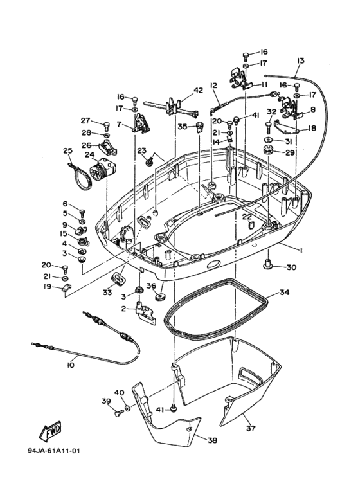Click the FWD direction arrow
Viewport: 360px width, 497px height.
(x=50, y=431)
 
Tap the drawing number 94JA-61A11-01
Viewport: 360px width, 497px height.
(x=54, y=451)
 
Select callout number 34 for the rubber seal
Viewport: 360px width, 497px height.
(x=284, y=293)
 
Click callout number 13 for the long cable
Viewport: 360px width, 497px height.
(x=300, y=60)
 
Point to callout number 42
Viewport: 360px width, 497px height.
(x=199, y=91)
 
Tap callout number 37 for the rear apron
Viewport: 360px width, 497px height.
(x=251, y=428)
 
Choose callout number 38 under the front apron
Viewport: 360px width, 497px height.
(x=212, y=440)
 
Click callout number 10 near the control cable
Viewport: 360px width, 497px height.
(x=70, y=365)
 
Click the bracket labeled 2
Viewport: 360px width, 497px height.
(x=146, y=314)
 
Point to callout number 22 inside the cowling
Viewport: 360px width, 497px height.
(x=247, y=217)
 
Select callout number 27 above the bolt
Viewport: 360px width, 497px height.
(x=85, y=120)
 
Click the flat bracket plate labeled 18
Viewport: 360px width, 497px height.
(x=287, y=126)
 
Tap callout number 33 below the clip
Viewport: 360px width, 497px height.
(x=107, y=292)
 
